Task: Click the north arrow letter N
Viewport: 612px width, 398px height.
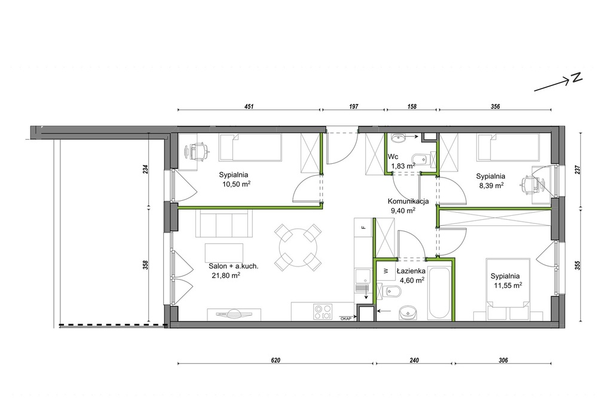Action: click(x=577, y=78)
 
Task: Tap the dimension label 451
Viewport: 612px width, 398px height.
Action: click(x=249, y=106)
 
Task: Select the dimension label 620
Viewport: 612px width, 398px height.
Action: click(x=276, y=360)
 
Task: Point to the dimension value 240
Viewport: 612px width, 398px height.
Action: click(x=414, y=360)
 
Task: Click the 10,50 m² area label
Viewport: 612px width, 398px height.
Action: click(x=236, y=184)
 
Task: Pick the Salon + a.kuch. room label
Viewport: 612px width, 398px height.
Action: click(x=234, y=267)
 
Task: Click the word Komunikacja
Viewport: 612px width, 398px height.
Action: click(x=408, y=201)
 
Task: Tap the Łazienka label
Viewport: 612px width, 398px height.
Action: click(x=411, y=271)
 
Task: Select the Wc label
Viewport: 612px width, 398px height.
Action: click(x=393, y=157)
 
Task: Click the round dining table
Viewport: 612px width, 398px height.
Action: click(x=298, y=248)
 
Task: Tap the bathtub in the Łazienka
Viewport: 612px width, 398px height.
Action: click(x=439, y=293)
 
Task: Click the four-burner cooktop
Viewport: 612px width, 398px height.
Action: click(x=323, y=312)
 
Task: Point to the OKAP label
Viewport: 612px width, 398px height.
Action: click(x=346, y=319)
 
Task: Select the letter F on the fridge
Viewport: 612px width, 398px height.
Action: click(x=363, y=227)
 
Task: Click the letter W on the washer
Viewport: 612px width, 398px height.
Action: click(x=385, y=271)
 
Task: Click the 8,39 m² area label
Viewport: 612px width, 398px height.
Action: click(x=491, y=186)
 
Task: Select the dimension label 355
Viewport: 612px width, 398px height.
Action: click(x=578, y=265)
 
